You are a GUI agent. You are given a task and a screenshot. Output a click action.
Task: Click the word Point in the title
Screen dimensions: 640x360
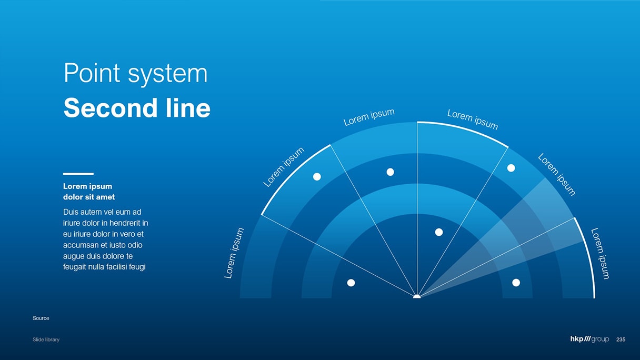(x=92, y=73)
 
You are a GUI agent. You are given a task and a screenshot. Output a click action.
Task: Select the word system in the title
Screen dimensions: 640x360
(x=167, y=75)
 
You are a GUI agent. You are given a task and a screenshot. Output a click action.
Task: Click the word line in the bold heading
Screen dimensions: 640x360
(x=188, y=107)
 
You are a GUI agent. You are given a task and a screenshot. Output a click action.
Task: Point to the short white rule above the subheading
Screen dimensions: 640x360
(x=78, y=174)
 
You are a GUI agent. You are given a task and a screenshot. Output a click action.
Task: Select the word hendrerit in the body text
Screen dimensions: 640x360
(x=126, y=223)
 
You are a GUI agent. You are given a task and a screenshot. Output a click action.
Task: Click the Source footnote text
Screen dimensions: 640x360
(x=41, y=318)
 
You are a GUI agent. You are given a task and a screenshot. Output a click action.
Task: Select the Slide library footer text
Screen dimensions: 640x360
(x=46, y=339)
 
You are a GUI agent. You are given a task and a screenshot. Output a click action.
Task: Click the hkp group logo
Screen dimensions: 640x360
(x=589, y=339)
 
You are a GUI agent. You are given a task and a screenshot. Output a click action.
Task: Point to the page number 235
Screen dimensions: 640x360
(x=621, y=339)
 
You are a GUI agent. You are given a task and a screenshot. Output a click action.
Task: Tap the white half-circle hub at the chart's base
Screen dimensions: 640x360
(x=417, y=296)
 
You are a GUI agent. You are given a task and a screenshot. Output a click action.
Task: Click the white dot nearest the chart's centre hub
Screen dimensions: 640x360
(x=439, y=232)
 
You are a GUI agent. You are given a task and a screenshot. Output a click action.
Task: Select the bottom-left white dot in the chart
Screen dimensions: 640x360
(x=351, y=283)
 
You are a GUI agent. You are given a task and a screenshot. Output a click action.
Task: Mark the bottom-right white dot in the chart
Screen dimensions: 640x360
(x=516, y=283)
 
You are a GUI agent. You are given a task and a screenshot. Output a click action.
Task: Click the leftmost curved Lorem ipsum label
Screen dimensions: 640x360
(x=234, y=253)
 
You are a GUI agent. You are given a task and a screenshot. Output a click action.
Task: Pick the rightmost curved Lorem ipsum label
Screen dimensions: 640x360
(x=601, y=254)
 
